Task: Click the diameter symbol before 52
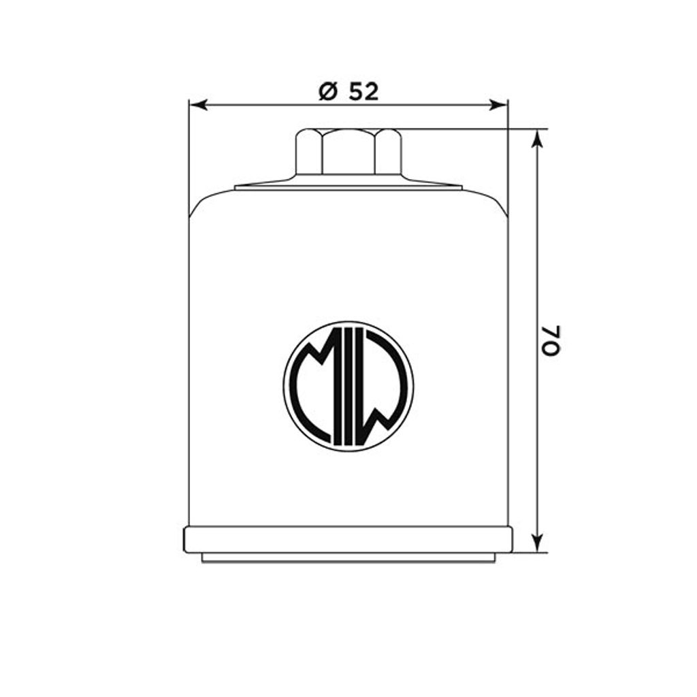(328, 92)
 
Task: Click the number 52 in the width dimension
(363, 92)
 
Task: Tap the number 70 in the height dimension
(551, 340)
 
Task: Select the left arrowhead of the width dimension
(198, 105)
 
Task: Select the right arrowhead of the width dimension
(498, 105)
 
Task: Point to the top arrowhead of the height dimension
(538, 138)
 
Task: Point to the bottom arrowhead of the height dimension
(538, 543)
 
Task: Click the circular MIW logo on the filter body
(348, 387)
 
